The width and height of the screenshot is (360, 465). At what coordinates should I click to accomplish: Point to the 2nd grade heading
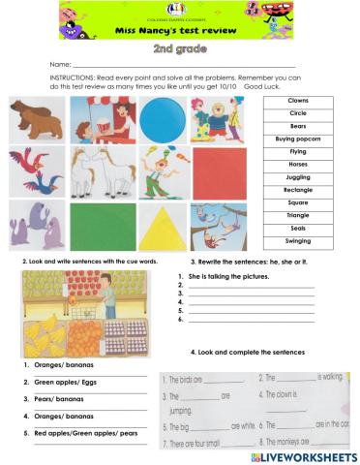pyautogui.click(x=179, y=46)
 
